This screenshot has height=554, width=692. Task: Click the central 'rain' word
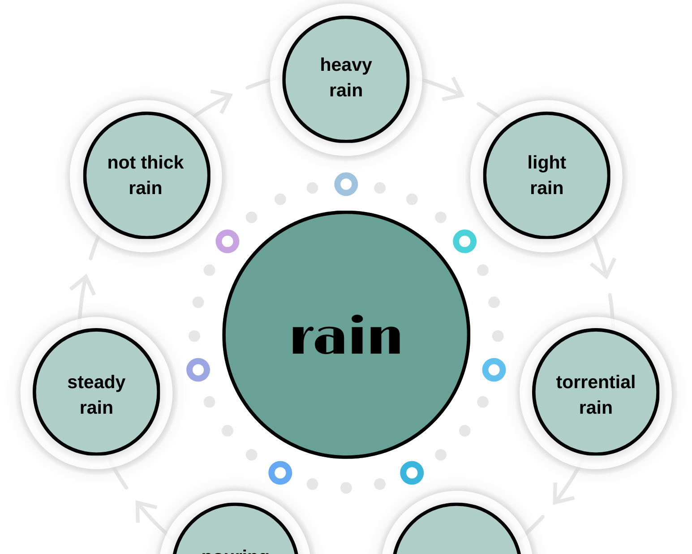pyautogui.click(x=346, y=336)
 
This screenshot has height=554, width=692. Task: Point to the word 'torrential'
pyautogui.click(x=595, y=382)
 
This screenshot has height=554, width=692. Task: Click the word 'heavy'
pyautogui.click(x=346, y=65)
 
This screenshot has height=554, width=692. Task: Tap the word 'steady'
pyautogui.click(x=96, y=382)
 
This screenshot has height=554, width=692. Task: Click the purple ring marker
pyautogui.click(x=228, y=242)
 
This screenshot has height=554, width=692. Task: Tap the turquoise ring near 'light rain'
pyautogui.click(x=464, y=242)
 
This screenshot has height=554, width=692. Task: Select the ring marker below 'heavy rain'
pyautogui.click(x=346, y=184)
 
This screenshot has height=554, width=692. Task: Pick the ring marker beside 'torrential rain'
pyautogui.click(x=494, y=370)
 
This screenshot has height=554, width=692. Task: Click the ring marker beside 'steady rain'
pyautogui.click(x=198, y=370)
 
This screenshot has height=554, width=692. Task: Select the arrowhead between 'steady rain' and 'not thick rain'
pyautogui.click(x=84, y=282)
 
